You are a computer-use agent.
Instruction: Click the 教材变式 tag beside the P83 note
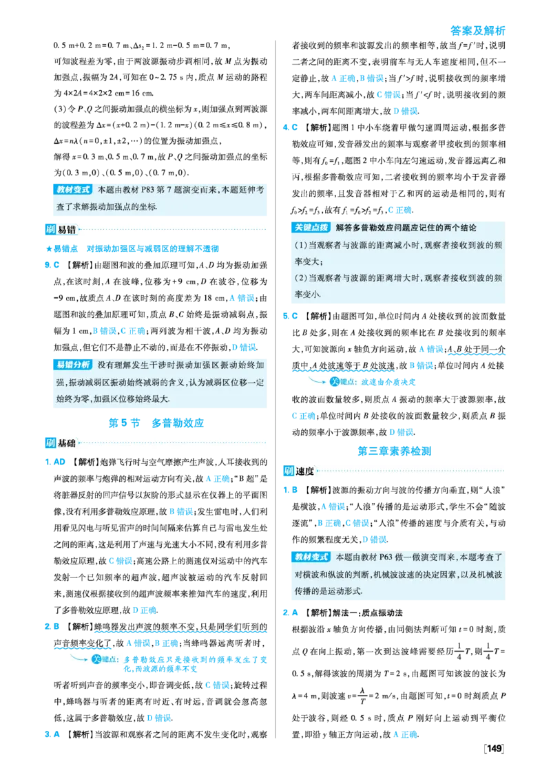[73, 189]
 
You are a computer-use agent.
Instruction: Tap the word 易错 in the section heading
[67, 230]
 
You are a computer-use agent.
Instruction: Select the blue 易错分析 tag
[73, 365]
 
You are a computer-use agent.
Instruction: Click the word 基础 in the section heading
[67, 443]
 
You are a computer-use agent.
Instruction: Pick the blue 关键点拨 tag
[311, 228]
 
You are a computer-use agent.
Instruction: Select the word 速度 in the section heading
[305, 471]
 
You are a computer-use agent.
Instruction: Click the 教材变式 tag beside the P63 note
[311, 557]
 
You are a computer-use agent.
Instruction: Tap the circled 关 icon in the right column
[334, 382]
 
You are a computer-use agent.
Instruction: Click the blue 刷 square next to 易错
[50, 230]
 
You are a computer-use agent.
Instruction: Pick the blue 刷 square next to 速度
[288, 471]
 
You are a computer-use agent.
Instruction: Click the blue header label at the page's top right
[477, 30]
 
